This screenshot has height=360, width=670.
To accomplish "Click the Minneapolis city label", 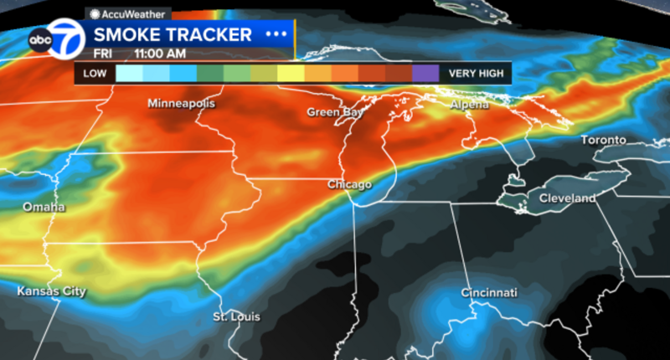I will click(181, 104).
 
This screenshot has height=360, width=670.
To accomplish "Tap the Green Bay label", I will click(334, 112).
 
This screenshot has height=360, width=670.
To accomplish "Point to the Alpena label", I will click(468, 105).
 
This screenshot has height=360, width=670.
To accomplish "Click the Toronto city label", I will click(604, 140).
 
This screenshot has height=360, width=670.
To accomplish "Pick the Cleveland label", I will click(567, 198).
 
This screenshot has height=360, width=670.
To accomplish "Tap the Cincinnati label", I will click(488, 293).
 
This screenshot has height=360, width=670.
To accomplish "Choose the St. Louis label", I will click(236, 317).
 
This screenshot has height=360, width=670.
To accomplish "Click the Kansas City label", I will click(52, 291).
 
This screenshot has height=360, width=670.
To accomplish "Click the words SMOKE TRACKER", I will click(173, 34).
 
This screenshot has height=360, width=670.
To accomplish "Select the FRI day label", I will click(105, 52).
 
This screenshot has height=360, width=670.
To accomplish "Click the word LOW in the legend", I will click(95, 74).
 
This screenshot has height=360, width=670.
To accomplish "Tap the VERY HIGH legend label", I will click(476, 74).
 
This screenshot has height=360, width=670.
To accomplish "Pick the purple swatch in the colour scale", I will click(425, 74).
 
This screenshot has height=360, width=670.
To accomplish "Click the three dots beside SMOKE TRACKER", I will click(275, 34).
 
